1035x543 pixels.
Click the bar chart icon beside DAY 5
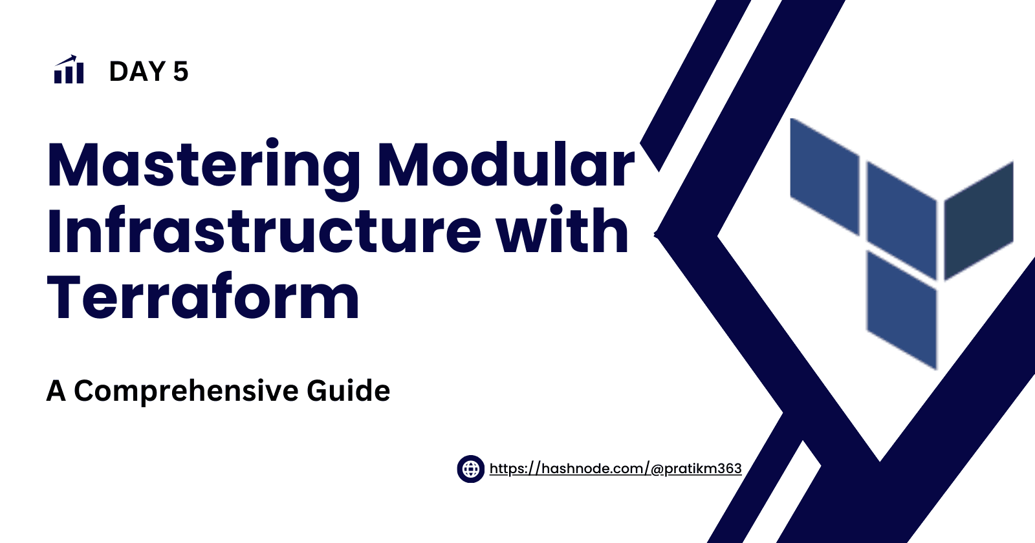[69, 70]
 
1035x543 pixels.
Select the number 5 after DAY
[181, 72]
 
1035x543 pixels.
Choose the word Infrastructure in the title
[264, 230]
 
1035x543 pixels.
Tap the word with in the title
[563, 229]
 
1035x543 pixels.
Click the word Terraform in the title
[203, 296]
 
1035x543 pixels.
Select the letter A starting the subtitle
[56, 391]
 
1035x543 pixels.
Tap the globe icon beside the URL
[470, 469]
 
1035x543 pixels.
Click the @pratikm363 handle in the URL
[696, 469]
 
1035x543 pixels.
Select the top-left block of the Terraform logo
[825, 177]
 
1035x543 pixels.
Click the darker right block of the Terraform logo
[979, 220]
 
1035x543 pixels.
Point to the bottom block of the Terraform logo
[902, 310]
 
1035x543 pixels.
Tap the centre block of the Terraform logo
[902, 220]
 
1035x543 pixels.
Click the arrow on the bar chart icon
[65, 61]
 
